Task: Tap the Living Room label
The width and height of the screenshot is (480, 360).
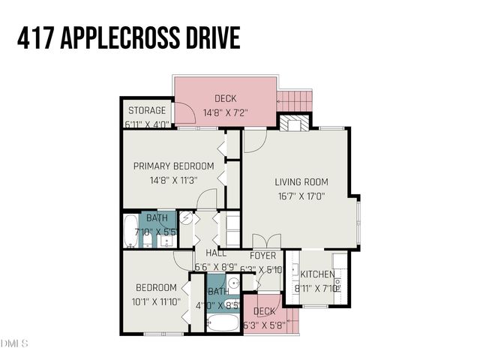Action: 301,181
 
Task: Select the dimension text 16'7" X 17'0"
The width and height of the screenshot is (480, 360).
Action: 301,196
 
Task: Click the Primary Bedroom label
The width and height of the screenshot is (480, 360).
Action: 173,166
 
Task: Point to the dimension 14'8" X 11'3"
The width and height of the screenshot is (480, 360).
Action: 173,180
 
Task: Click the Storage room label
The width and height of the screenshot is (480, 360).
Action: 146,111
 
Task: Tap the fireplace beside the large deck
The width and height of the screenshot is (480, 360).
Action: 293,122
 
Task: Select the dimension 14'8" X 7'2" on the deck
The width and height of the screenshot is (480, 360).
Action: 225,112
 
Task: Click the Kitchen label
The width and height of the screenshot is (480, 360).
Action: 317,274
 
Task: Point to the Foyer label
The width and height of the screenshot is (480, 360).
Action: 262,255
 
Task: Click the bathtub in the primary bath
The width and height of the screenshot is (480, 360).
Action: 130,231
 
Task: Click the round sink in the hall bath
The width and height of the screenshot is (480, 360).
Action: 233,283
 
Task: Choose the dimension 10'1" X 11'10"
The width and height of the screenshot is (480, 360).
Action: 156,302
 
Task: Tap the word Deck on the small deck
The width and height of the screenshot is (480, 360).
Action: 263,312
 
